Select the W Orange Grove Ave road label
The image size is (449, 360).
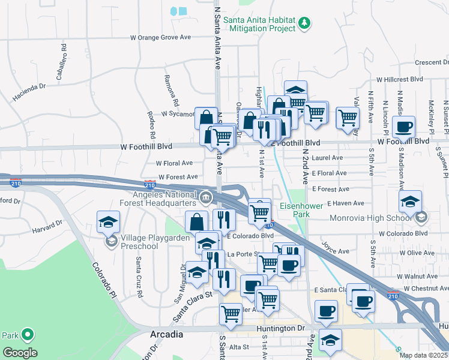click(x=160, y=37)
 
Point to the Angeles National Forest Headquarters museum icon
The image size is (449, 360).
click(x=206, y=197)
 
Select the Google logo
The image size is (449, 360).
click(x=20, y=353)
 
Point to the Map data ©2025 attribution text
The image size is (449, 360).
click(x=424, y=355)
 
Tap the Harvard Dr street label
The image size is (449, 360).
click(x=47, y=227)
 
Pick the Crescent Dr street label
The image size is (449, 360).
click(x=432, y=62)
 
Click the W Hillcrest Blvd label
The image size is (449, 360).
click(x=400, y=79)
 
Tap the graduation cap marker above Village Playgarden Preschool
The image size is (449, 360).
click(x=109, y=222)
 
